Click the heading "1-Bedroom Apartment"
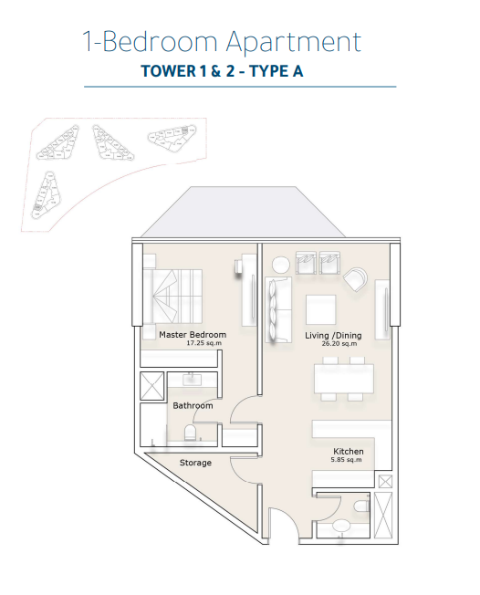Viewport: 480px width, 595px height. click(221, 42)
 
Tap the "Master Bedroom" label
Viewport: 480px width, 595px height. click(193, 335)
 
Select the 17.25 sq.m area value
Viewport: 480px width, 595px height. click(192, 345)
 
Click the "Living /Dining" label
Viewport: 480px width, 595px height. click(333, 336)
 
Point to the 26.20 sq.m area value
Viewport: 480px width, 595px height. click(333, 345)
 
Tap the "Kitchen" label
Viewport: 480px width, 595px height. click(349, 452)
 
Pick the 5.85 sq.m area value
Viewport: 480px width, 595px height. click(348, 461)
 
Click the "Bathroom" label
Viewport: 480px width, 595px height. click(193, 405)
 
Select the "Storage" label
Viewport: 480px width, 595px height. click(195, 463)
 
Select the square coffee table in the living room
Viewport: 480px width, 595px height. click(321, 308)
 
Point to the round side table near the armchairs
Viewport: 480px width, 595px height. click(281, 265)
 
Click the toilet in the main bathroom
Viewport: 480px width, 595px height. click(190, 433)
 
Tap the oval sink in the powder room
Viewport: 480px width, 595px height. click(342, 527)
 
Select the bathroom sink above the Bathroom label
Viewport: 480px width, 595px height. click(193, 380)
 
